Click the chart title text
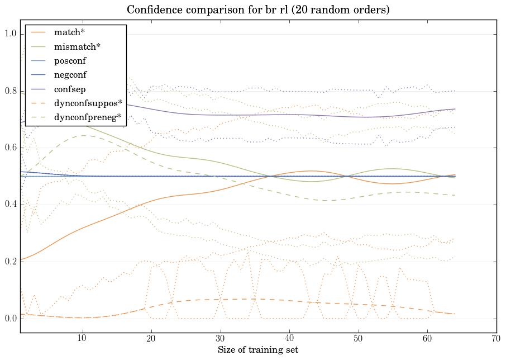(258, 10)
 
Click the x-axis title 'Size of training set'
(258, 350)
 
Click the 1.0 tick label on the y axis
(9, 35)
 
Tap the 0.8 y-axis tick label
(9, 91)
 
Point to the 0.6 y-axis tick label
(9, 148)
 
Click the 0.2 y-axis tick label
(9, 262)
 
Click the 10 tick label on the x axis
(83, 339)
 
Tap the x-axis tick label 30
(221, 339)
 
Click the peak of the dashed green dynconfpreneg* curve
(83, 135)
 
